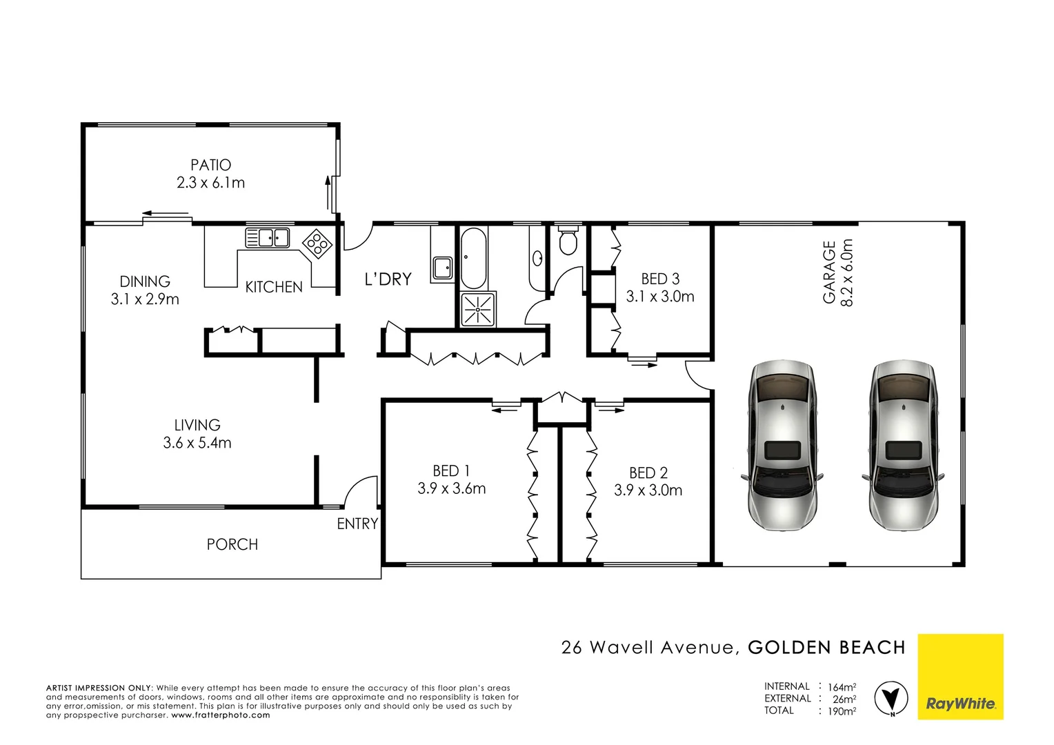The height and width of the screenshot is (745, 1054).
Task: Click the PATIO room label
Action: (210, 165)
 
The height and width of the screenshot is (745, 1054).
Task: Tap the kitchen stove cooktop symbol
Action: (317, 244)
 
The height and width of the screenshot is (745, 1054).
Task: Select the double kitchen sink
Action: (268, 238)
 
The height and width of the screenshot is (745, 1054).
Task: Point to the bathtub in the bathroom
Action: (473, 258)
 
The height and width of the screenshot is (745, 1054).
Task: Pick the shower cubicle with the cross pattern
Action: (478, 309)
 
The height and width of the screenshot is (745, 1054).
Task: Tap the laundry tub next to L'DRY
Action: (442, 267)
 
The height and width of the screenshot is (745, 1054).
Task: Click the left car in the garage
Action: (783, 444)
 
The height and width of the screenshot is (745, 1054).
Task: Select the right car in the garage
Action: (902, 444)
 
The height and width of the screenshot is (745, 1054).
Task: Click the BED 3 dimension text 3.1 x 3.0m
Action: (660, 297)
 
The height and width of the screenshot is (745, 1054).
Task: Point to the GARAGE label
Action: (829, 272)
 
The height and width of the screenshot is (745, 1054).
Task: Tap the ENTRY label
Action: (357, 524)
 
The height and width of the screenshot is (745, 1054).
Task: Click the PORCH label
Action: (232, 544)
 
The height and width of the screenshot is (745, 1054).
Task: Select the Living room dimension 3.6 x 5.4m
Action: (197, 443)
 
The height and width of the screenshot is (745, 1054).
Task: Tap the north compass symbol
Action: (891, 698)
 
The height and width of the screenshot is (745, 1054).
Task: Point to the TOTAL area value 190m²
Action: (842, 711)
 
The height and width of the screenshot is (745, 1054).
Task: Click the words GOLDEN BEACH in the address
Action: (826, 648)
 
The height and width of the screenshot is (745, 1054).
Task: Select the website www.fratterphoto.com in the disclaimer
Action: (221, 715)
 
